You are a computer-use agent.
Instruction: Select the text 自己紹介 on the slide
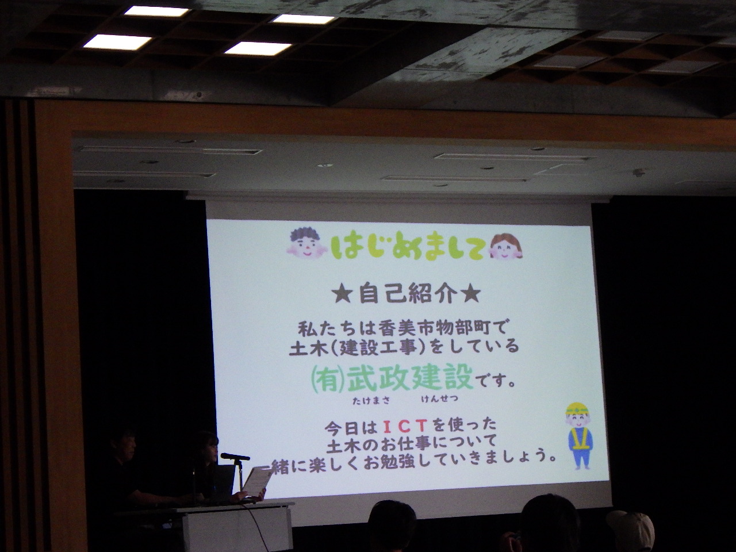(x=408, y=294)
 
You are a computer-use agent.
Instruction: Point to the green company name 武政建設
(x=410, y=378)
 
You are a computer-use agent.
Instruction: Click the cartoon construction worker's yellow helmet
(x=577, y=409)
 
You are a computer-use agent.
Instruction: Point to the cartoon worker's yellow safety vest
(x=579, y=439)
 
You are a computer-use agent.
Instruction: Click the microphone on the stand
(x=235, y=456)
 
